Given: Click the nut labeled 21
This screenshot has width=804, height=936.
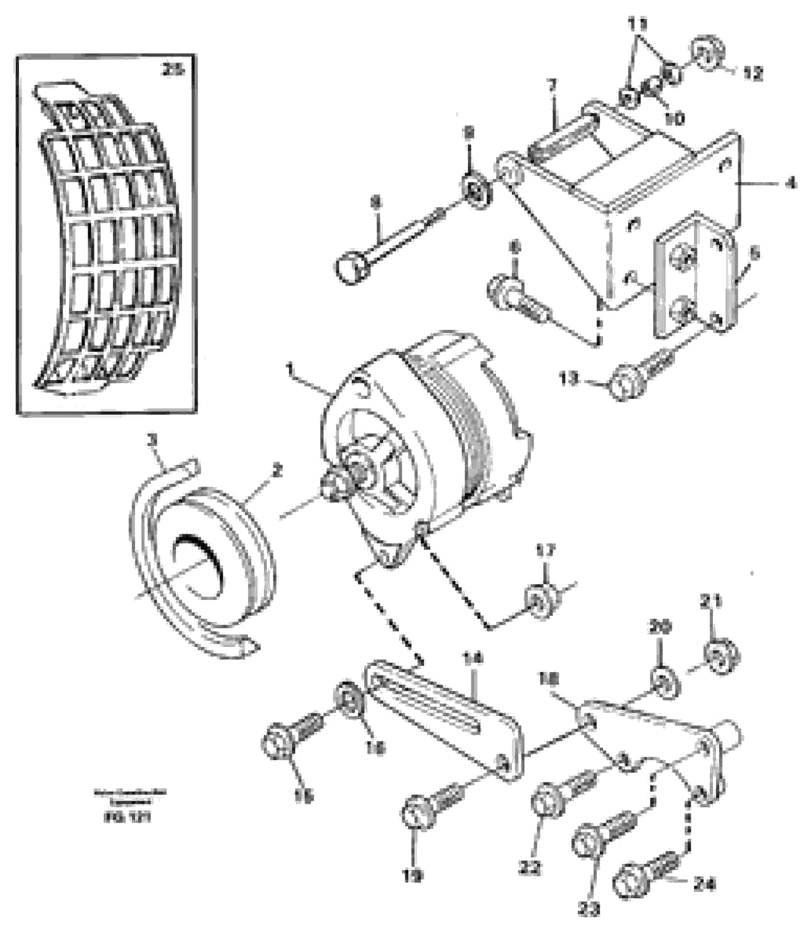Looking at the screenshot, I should tap(722, 657).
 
